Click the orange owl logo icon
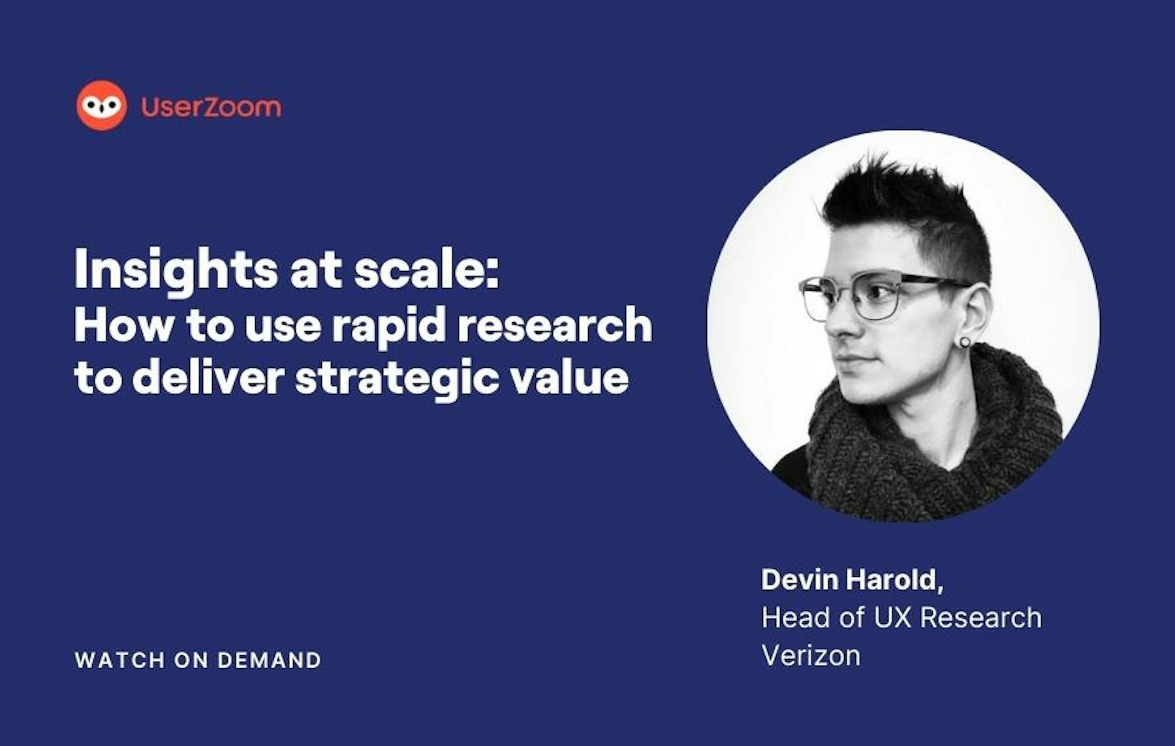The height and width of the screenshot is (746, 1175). (101, 105)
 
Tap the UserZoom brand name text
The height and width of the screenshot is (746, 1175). (211, 106)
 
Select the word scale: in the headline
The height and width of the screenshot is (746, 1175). (427, 270)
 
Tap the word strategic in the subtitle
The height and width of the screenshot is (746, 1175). (397, 379)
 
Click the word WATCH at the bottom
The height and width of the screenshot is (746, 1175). (120, 660)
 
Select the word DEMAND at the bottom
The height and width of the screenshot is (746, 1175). (270, 660)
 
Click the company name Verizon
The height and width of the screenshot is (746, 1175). (811, 655)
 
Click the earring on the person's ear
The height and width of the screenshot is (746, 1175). (965, 342)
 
